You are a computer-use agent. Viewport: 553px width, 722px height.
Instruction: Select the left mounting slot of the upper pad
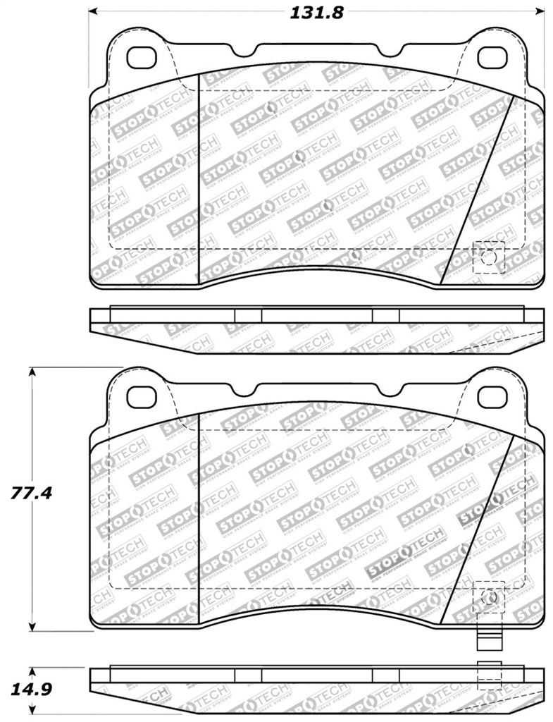[143, 54]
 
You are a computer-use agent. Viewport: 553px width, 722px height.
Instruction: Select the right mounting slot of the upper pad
[492, 54]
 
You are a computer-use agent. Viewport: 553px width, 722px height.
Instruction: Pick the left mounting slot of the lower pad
[143, 397]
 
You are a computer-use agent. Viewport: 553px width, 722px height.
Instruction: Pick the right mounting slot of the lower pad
[492, 397]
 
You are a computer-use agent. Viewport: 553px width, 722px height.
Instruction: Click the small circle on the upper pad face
[487, 258]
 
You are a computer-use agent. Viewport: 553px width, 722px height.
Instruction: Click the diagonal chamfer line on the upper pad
[478, 190]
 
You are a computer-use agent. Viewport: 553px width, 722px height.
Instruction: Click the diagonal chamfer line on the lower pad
[478, 529]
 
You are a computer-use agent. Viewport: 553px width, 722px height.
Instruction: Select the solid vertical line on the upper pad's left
[199, 176]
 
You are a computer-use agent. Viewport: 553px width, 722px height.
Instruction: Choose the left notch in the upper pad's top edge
[247, 52]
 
